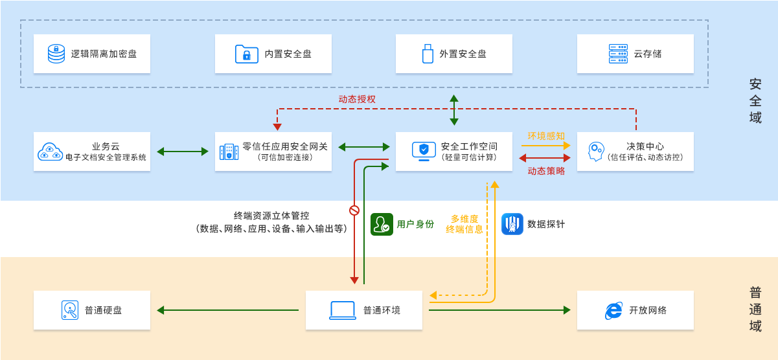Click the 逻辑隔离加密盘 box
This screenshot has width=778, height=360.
pos(92,54)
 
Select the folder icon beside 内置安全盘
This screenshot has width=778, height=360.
pos(246,54)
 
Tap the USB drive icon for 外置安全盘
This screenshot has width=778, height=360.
pos(428,54)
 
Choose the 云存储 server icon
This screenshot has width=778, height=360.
pos(618,54)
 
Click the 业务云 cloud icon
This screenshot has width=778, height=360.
pos(50,152)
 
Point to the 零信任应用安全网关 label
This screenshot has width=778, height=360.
pos(285,146)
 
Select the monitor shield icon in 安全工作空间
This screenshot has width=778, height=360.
pos(424,151)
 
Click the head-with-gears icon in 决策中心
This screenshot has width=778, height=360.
pos(595,152)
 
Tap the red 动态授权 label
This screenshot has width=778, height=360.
pos(357,99)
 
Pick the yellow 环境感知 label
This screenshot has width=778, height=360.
pos(545,136)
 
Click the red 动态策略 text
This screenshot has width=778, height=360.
pos(545,171)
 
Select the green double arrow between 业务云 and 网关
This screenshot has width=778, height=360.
pos(183,152)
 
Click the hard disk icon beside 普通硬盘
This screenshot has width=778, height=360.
pos(70,310)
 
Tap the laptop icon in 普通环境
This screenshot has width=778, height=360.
pos(343,310)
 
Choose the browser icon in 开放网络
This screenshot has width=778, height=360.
pos(613,311)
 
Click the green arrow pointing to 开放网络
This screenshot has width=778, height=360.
pos(499,310)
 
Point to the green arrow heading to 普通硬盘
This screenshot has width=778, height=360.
pos(227,310)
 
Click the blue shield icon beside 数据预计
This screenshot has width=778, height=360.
pos(512,224)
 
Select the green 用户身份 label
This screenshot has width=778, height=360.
pos(415,224)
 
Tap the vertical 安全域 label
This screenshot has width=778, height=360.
pos(755,101)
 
